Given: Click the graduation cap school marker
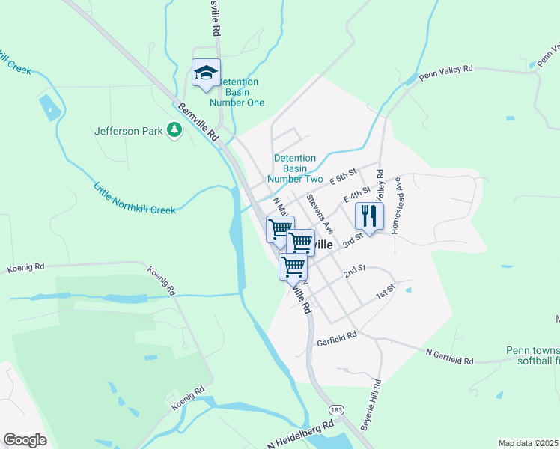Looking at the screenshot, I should click(x=206, y=73).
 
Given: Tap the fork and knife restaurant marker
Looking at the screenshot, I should click(x=368, y=216).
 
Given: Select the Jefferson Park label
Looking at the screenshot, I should click(x=128, y=131).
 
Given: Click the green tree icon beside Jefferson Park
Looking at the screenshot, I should click(x=174, y=130).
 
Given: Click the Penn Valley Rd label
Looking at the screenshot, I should click(x=446, y=73).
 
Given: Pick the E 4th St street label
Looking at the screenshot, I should click(x=356, y=195).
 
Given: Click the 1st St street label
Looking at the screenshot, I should click(x=385, y=292).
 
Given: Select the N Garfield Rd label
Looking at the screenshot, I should click(x=449, y=357).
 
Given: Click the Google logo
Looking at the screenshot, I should click(x=25, y=440).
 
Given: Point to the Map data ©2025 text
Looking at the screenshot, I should click(x=528, y=443).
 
